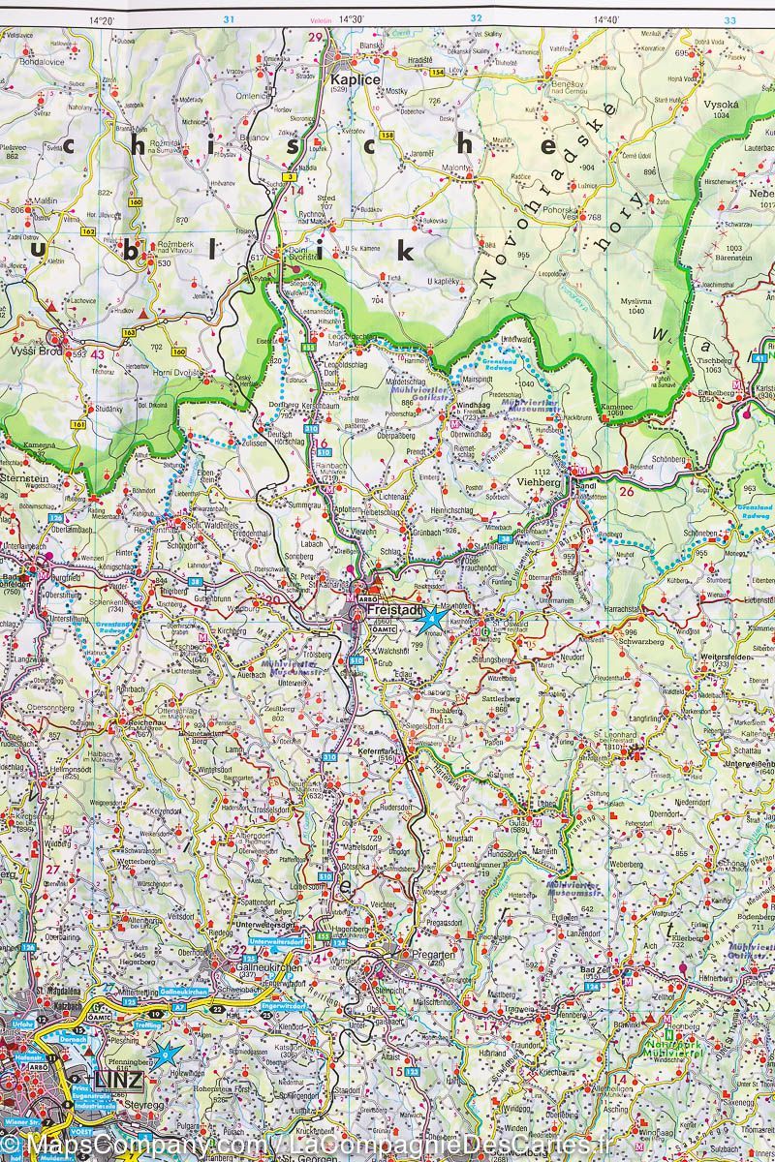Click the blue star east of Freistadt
click(x=433, y=616)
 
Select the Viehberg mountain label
click(x=538, y=480)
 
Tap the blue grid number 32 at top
click(x=476, y=18)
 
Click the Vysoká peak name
click(x=721, y=104)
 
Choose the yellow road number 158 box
click(x=387, y=136)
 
